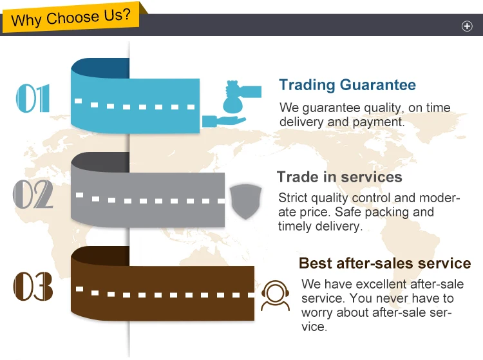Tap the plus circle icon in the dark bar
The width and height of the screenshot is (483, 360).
[x=468, y=26]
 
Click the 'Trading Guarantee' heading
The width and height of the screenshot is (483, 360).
[x=347, y=85]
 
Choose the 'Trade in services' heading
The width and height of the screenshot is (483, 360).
[x=339, y=177]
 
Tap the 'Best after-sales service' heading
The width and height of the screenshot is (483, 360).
[x=384, y=263]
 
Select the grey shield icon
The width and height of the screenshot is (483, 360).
[x=245, y=200]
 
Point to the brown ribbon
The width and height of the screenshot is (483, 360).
[x=161, y=290]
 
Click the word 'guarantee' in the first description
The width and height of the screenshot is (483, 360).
[x=325, y=108]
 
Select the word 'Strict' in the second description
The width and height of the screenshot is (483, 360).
[x=293, y=198]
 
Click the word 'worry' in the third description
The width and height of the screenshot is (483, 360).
[x=318, y=312]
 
